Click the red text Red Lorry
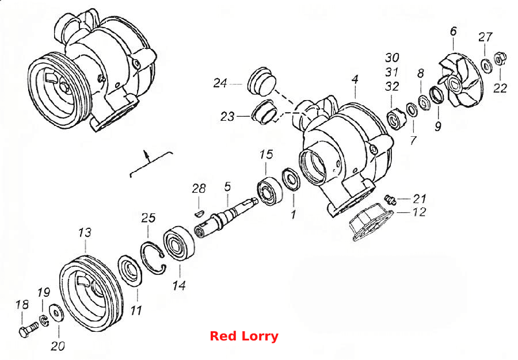coord(244,336)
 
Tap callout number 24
coord(220,83)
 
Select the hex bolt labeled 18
coord(28,329)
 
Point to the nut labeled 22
coord(500,59)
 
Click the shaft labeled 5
coord(226,215)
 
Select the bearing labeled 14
coord(179,243)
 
